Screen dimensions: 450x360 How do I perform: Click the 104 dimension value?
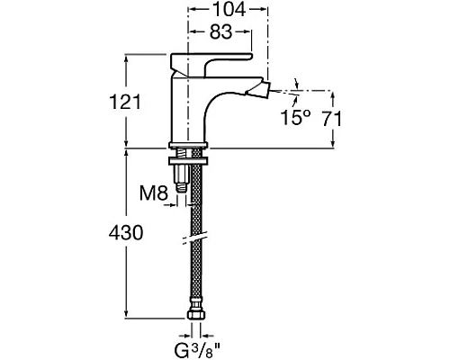(x=229, y=9)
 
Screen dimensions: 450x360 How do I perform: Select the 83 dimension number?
(x=220, y=31)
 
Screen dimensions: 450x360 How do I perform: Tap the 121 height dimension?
(x=124, y=102)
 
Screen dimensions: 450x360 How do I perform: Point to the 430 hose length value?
(x=126, y=233)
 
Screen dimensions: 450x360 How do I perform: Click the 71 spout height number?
(x=332, y=119)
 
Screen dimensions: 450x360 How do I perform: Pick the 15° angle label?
(x=295, y=117)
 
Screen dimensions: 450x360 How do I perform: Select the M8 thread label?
(x=154, y=193)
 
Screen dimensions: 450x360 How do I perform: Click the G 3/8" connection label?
(x=197, y=350)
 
